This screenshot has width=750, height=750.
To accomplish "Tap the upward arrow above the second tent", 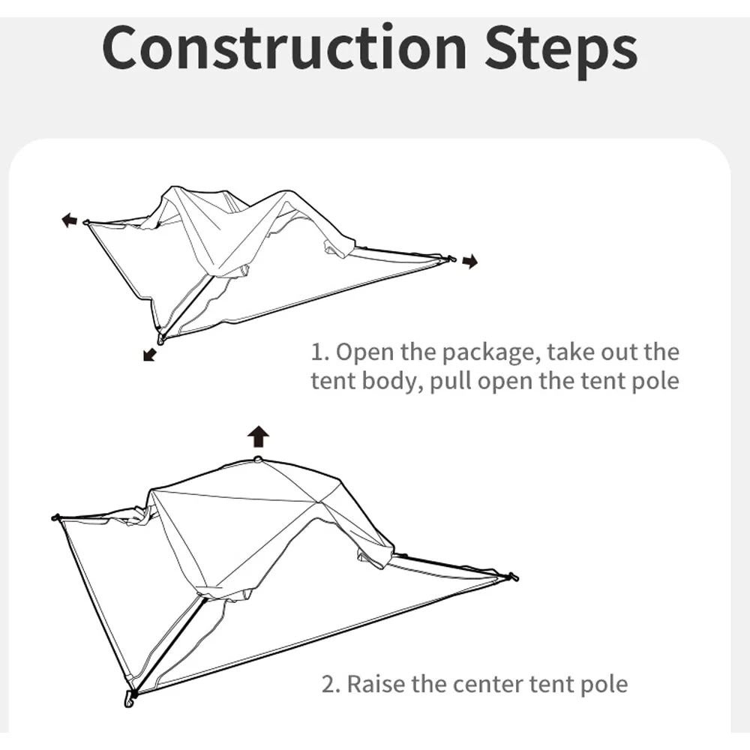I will tap(259, 436).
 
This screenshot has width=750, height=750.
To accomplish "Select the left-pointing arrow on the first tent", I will tap(69, 219).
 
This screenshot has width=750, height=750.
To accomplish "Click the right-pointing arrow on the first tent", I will tap(469, 262).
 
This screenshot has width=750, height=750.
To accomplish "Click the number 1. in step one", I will tap(319, 352).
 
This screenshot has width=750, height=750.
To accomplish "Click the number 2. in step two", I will tap(331, 683).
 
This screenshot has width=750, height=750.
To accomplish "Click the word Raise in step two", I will tap(380, 683).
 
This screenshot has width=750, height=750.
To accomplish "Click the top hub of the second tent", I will tap(258, 459).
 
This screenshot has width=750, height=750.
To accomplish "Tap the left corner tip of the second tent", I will tap(55, 517).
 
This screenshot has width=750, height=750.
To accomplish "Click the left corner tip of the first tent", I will tap(87, 223).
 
